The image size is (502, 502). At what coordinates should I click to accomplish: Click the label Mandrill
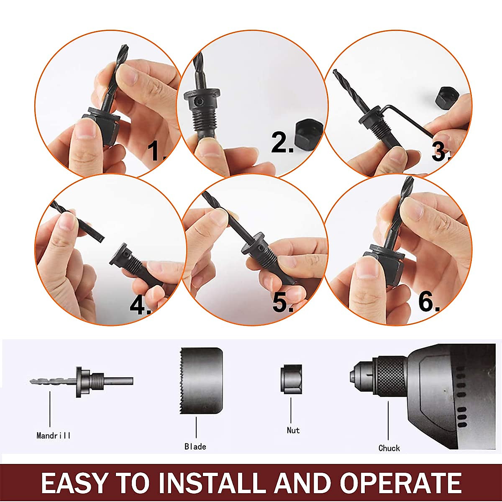[x=54, y=436]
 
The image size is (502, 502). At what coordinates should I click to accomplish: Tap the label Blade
[x=195, y=447]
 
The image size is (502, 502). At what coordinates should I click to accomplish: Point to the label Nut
[x=293, y=430]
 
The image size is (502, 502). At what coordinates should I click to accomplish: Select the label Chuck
[x=389, y=448]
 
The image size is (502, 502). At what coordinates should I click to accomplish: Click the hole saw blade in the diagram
[x=201, y=380]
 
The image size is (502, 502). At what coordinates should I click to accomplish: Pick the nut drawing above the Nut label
[x=291, y=379]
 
